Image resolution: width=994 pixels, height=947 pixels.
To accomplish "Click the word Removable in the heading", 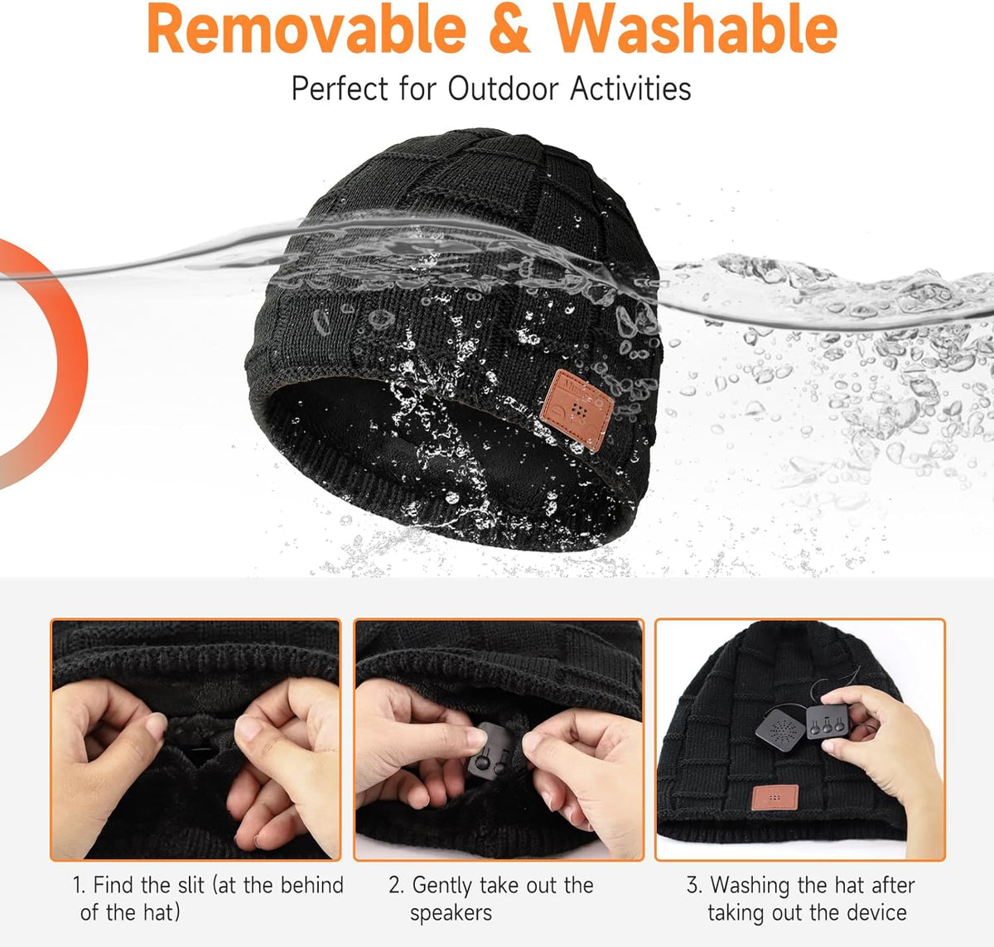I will point(306,30).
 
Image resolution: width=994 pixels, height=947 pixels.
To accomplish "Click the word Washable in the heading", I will point(695,30).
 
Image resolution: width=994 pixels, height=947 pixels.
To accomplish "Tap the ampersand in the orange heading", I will point(509,30).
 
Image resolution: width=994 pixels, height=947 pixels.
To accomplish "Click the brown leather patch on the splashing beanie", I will point(577,410).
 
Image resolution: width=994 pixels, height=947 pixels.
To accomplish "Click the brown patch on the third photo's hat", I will point(774,797).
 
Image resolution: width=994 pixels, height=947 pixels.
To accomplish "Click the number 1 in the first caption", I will point(79,885).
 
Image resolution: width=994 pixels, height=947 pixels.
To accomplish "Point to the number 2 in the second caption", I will point(395,885).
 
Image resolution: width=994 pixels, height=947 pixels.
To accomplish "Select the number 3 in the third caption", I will point(692,885).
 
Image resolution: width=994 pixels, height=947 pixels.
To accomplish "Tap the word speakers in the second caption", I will point(451,913).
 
